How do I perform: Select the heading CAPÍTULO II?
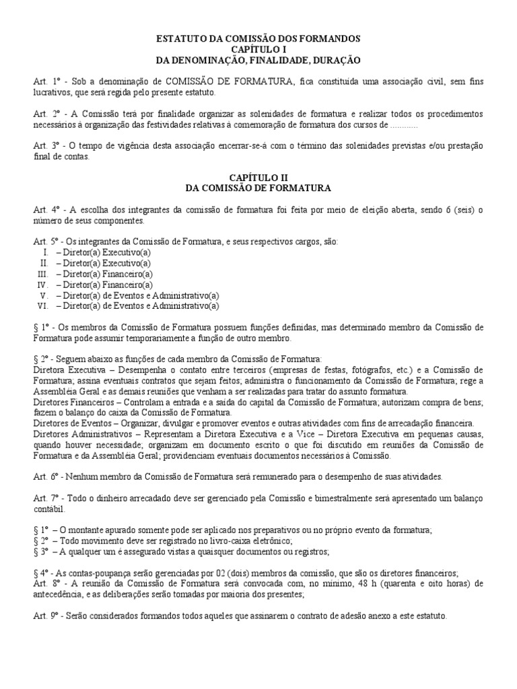click(258, 177)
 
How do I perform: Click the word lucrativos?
click(53, 92)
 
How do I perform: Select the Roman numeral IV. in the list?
click(44, 285)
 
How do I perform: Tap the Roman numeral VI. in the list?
click(44, 306)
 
